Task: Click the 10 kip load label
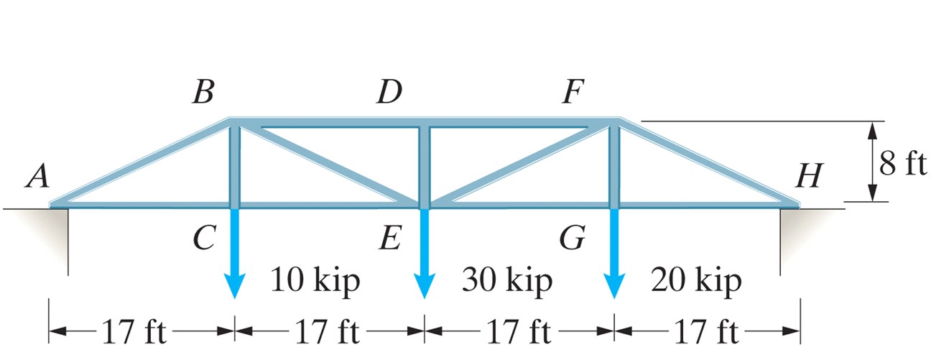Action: point(315,280)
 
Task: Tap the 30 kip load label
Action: point(507,280)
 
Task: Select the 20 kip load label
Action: point(696,280)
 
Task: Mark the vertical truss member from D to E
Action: point(425,165)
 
